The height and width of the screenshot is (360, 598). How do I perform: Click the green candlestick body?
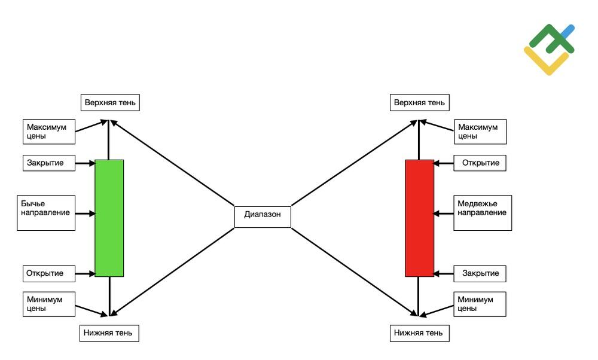click(x=109, y=218)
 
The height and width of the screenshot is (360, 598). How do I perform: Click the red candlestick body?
click(x=419, y=218)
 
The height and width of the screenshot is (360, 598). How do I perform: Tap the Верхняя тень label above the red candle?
click(x=420, y=102)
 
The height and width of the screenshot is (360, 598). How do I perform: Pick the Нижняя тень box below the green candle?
click(x=109, y=332)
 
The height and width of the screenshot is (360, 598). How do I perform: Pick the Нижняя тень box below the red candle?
click(x=419, y=332)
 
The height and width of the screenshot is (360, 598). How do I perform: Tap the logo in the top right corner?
click(x=549, y=50)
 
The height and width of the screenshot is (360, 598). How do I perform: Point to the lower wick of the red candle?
click(x=419, y=294)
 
